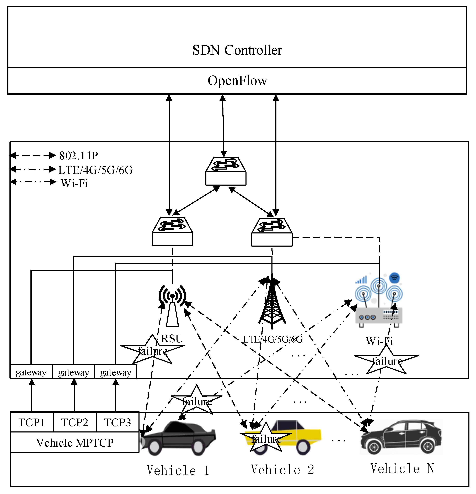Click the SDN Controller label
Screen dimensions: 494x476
[x=237, y=50]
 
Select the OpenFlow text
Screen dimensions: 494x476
[x=237, y=81]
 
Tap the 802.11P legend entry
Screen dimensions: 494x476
[x=78, y=156]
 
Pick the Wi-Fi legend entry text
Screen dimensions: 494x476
[x=74, y=183]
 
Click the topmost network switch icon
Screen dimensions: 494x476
[x=226, y=171]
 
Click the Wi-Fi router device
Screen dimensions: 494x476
[x=379, y=315]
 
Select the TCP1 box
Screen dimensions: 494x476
[x=32, y=422]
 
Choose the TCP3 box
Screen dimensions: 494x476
[x=117, y=422]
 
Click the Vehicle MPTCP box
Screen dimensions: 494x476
[x=75, y=443]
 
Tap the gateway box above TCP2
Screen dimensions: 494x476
[x=73, y=372]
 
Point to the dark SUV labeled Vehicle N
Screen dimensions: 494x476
[x=401, y=437]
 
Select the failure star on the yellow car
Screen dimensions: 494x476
[x=266, y=439]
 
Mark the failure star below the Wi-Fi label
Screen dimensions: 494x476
[x=386, y=361]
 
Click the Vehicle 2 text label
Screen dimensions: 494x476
[x=282, y=470]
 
